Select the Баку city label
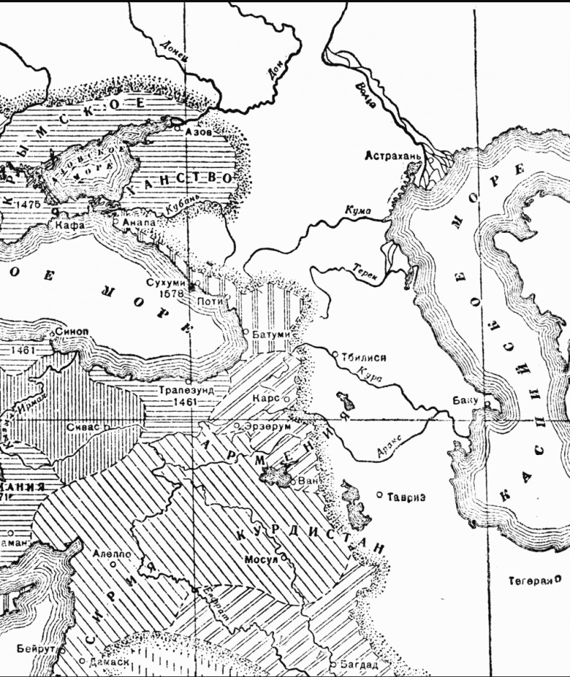(x=465, y=400)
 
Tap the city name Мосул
(x=262, y=559)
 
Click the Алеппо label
(x=112, y=554)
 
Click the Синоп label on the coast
(x=71, y=331)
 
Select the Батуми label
(x=271, y=335)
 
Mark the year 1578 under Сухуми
(x=171, y=294)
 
